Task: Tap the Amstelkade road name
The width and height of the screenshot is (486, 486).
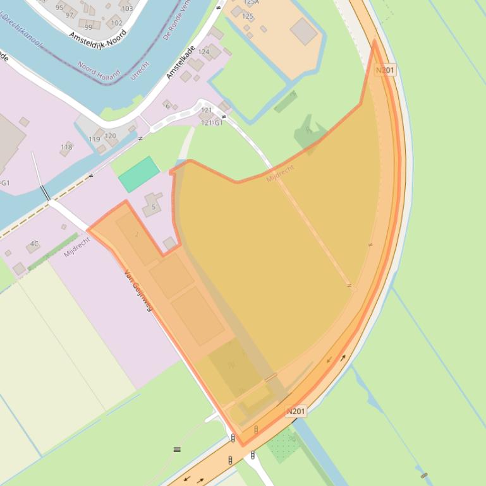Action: coord(180,62)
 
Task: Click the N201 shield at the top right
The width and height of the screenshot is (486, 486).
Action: coord(385,70)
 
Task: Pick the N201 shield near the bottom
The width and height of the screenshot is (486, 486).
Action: coord(295,412)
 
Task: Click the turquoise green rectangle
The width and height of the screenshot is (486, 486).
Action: coord(139,174)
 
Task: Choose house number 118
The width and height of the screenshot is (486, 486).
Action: coord(66,147)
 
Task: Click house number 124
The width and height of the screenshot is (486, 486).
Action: coord(204,52)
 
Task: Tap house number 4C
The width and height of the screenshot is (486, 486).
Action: coord(34,243)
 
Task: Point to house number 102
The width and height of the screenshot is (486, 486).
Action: coord(116,23)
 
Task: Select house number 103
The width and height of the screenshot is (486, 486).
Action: coord(127,8)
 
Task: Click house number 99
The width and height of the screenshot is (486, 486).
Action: coord(88,27)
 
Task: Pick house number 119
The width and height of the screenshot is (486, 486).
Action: coord(94,139)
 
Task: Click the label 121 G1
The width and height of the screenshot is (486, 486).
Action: coord(212,122)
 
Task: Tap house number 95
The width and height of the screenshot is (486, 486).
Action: coord(59,8)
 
